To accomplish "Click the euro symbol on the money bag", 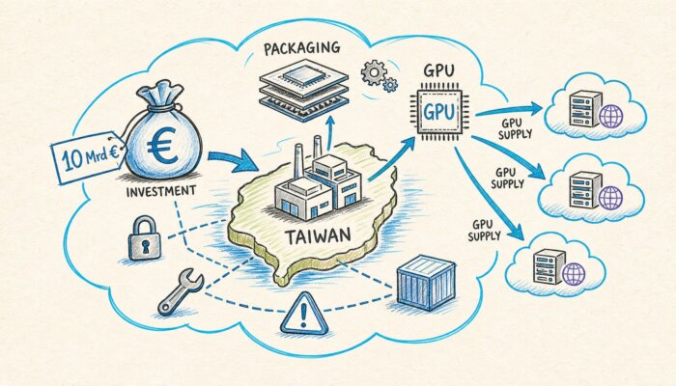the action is (161, 145).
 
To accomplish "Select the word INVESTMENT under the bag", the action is (161, 190).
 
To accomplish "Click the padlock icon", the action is (145, 238).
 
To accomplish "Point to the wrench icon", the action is (180, 291).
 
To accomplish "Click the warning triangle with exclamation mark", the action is (303, 315).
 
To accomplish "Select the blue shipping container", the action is (426, 282).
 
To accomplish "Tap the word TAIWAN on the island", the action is (318, 236).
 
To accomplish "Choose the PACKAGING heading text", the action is (301, 48).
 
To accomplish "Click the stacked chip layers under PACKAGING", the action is (304, 91).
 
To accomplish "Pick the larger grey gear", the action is (373, 72).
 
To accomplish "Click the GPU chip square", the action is (438, 113).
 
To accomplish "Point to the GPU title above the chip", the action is (438, 70).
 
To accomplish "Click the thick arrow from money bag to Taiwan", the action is (234, 161).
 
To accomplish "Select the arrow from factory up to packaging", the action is (330, 133).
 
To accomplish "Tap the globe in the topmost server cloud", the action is (611, 116).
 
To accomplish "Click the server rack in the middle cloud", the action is (585, 190).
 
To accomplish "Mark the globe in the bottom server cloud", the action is (574, 273).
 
